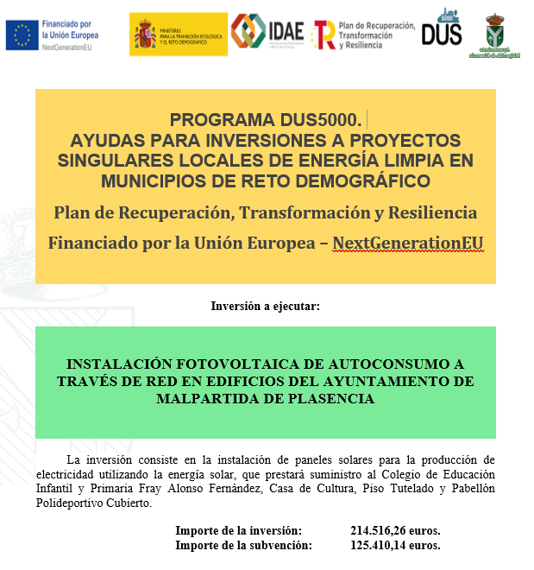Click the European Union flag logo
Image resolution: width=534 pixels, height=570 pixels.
(x=22, y=35)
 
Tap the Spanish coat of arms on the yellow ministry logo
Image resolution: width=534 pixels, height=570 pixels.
(x=146, y=35)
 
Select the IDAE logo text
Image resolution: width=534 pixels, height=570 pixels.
(x=286, y=31)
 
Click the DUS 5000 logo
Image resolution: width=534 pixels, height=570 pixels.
(x=442, y=30)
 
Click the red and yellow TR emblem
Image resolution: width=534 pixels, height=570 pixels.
(x=324, y=35)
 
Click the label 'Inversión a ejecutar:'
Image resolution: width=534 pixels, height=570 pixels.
(x=266, y=306)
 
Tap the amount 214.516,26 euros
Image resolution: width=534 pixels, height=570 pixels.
(x=395, y=530)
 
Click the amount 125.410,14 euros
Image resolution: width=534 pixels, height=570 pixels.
(x=395, y=545)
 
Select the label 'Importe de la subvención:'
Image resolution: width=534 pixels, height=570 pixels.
(x=243, y=545)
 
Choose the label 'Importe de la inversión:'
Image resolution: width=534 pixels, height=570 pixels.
(x=239, y=530)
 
